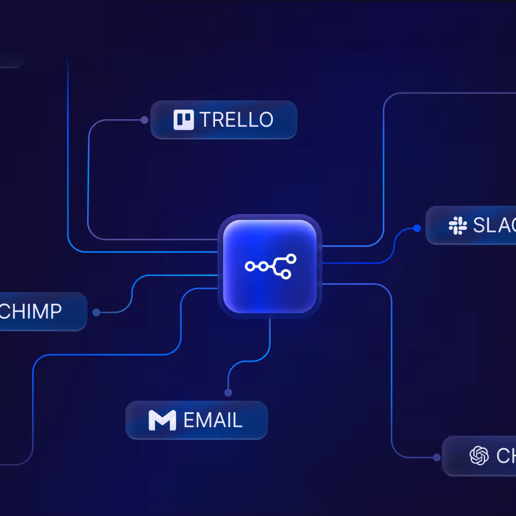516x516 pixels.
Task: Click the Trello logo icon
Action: point(184,119)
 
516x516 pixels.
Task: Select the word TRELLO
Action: point(236,120)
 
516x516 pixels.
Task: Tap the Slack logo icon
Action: point(458,225)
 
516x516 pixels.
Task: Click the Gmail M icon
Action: point(162,420)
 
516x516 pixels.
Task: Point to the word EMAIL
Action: point(213,420)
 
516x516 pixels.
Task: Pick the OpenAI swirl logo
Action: point(479,456)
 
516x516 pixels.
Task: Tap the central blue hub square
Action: point(269,266)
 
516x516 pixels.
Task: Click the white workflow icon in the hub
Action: point(270,266)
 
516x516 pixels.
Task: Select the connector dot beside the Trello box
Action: point(144,120)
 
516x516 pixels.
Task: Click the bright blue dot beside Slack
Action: point(417,228)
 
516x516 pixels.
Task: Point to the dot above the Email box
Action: point(228,393)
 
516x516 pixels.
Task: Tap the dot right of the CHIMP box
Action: point(96,312)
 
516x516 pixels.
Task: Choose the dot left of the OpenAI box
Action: point(437,458)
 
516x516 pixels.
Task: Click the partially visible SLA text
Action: point(494,225)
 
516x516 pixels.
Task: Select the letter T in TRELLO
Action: point(205,120)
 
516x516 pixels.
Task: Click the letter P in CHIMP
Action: point(55,311)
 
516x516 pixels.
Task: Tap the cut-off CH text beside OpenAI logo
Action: point(506,456)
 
